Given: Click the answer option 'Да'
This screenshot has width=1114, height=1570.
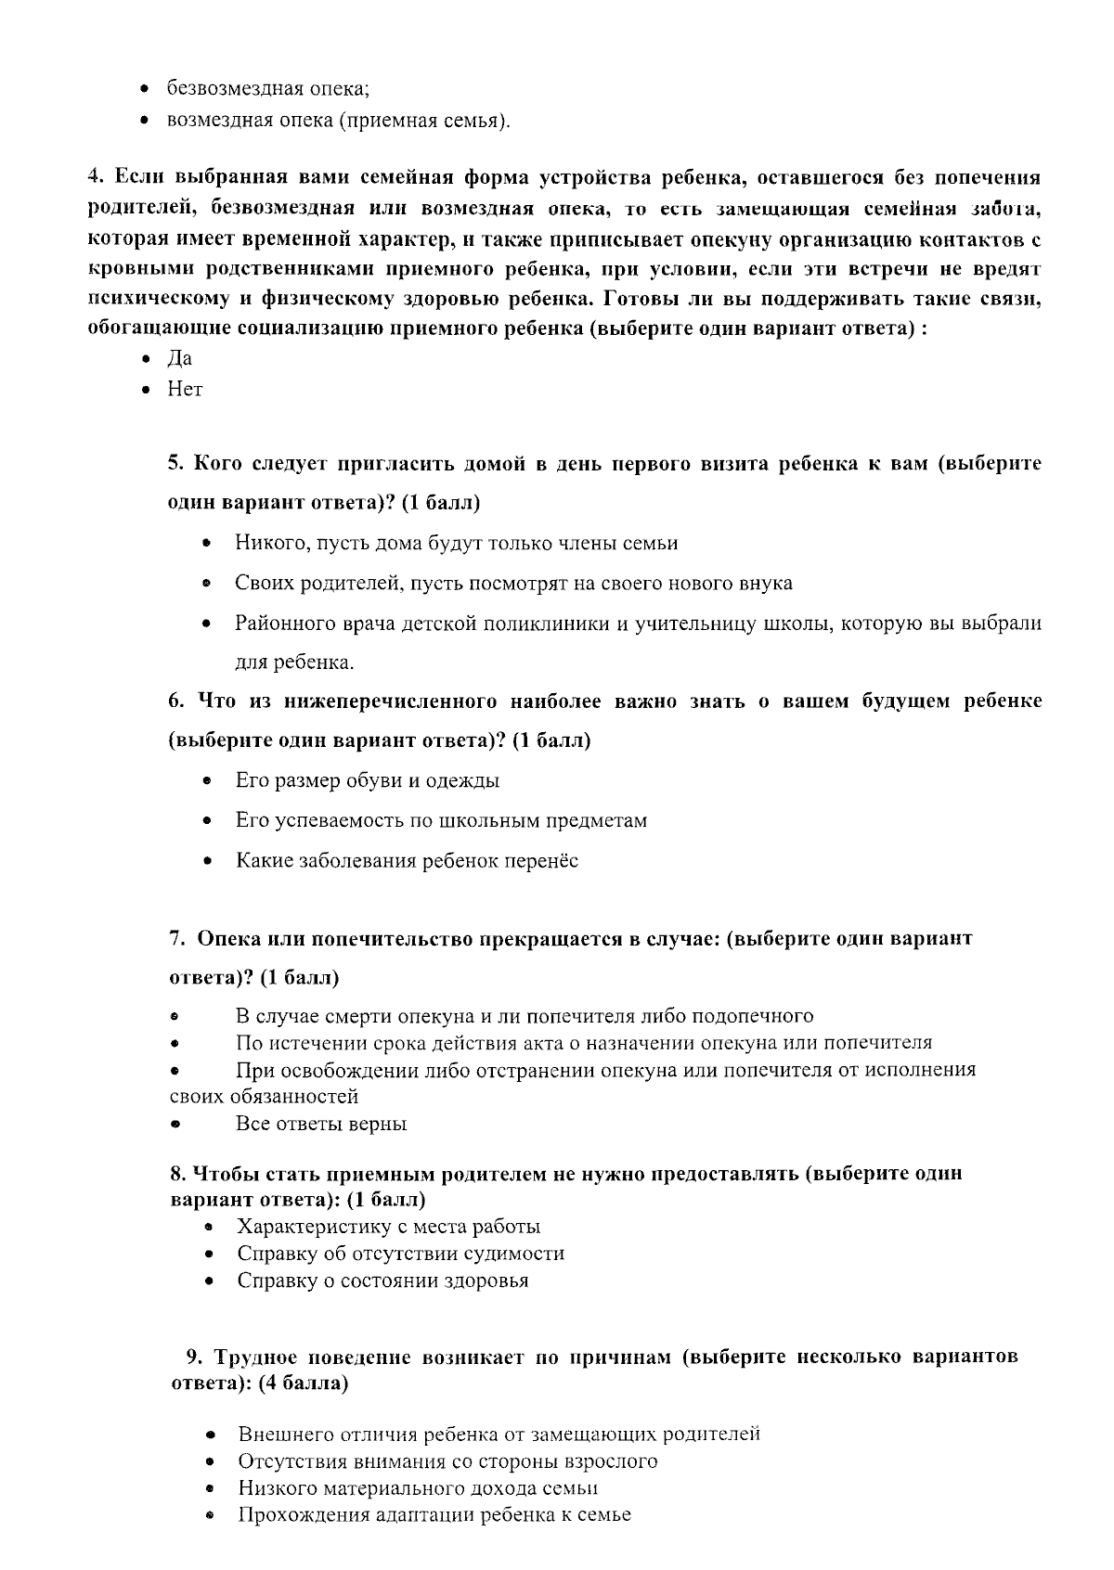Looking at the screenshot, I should (x=179, y=359).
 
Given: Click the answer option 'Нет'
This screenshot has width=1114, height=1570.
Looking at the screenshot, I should (x=184, y=390).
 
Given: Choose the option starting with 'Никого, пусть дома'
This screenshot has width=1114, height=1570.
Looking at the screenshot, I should (x=456, y=544).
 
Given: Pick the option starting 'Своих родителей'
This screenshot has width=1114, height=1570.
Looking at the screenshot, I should (x=512, y=584).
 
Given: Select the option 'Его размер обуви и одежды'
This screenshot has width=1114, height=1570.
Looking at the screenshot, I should (x=367, y=781).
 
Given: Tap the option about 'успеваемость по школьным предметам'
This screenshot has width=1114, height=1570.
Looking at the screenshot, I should (x=441, y=821).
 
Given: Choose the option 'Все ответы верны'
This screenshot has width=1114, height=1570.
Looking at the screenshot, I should (x=321, y=1125).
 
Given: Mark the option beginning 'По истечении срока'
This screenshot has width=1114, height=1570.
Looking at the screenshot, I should (x=583, y=1043).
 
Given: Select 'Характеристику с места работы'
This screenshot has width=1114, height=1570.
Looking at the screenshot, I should (x=388, y=1227).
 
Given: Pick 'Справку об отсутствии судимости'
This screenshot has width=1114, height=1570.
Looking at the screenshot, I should (x=400, y=1254).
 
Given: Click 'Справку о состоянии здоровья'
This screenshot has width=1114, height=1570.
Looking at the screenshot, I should (x=382, y=1280).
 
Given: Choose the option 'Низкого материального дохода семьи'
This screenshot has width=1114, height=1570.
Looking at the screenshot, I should (x=417, y=1488).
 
